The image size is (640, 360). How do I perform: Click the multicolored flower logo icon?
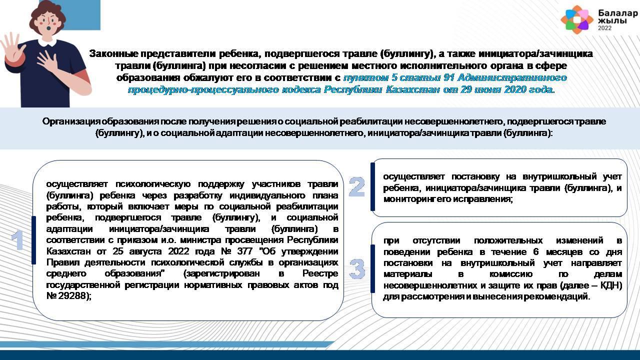[x=577, y=19]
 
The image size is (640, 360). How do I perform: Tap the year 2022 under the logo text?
[x=605, y=28]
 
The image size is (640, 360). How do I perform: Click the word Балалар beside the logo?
[x=618, y=13]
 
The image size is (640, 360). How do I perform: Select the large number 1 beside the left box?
[x=17, y=239]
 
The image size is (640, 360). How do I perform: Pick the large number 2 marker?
[x=357, y=187]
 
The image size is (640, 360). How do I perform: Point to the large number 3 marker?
[x=357, y=269]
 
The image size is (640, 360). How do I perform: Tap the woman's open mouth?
[x=49, y=28]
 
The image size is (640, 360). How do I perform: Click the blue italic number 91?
[x=449, y=77]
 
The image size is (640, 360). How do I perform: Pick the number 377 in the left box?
[x=244, y=251]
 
